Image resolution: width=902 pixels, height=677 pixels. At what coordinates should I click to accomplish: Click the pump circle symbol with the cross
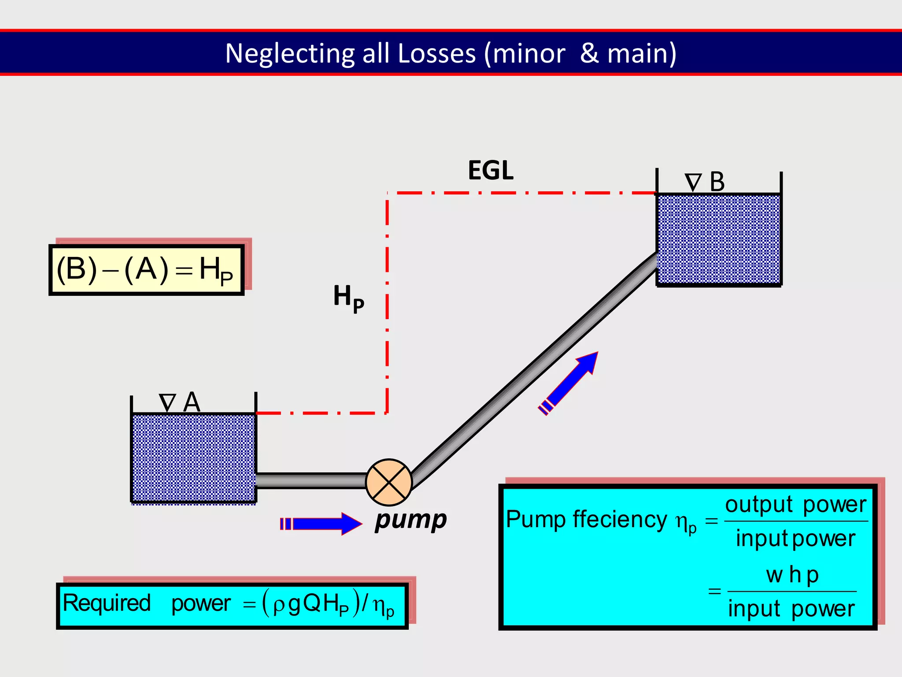point(389,482)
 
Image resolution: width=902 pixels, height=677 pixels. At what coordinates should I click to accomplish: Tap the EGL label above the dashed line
point(490,171)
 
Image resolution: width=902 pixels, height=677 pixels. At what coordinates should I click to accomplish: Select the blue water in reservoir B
point(719,239)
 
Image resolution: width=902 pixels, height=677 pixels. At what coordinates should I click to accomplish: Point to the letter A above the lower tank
point(192,402)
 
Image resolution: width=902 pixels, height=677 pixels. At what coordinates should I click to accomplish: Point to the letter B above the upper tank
point(717,182)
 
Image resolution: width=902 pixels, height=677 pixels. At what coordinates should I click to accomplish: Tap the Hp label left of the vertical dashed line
point(348,297)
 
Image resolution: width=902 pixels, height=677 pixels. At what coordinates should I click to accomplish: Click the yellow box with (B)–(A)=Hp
point(146,270)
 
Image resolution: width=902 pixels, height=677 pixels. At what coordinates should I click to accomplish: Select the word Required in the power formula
point(107,603)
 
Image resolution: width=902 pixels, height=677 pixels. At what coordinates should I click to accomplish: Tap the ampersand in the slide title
point(589,53)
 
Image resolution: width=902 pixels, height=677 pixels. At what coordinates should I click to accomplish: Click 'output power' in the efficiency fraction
point(795,504)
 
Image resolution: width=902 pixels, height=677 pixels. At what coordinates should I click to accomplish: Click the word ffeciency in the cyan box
point(620,519)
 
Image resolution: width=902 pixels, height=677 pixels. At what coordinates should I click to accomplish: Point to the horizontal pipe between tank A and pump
point(311,480)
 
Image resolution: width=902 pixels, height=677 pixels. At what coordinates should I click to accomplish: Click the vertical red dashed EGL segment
point(387,304)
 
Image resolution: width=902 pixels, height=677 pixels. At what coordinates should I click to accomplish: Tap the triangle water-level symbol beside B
point(693,182)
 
